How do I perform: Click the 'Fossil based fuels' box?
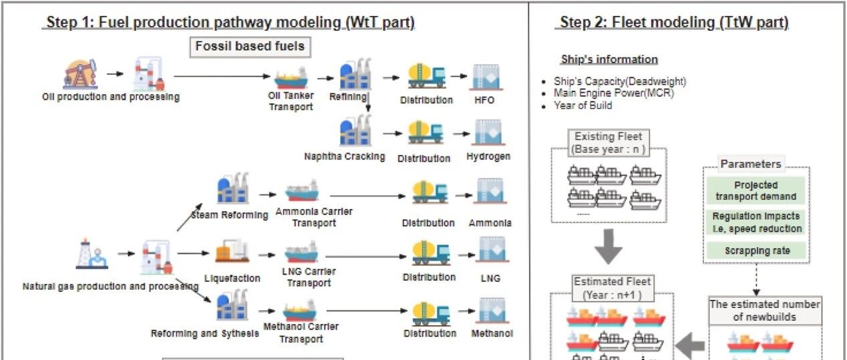click(x=250, y=47)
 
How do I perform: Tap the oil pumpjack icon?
click(x=80, y=73)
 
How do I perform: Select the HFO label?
click(x=484, y=100)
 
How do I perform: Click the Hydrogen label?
click(x=488, y=156)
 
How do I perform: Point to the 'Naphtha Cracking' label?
click(x=345, y=156)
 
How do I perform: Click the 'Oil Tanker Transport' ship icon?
click(x=291, y=78)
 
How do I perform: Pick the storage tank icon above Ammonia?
click(x=490, y=190)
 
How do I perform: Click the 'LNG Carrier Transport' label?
click(x=309, y=277)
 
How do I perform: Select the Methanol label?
click(x=492, y=333)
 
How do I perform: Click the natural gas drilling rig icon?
click(x=92, y=253)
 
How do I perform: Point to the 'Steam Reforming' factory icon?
click(x=233, y=188)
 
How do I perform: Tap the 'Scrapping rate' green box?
click(x=757, y=250)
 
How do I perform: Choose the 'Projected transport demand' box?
click(x=756, y=190)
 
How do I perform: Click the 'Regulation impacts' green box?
click(x=757, y=222)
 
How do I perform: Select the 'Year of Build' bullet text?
click(x=582, y=106)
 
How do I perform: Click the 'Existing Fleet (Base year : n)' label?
click(x=609, y=142)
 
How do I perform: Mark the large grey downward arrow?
click(x=609, y=246)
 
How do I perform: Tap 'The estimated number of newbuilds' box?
click(x=765, y=311)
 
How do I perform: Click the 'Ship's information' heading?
click(x=609, y=59)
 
